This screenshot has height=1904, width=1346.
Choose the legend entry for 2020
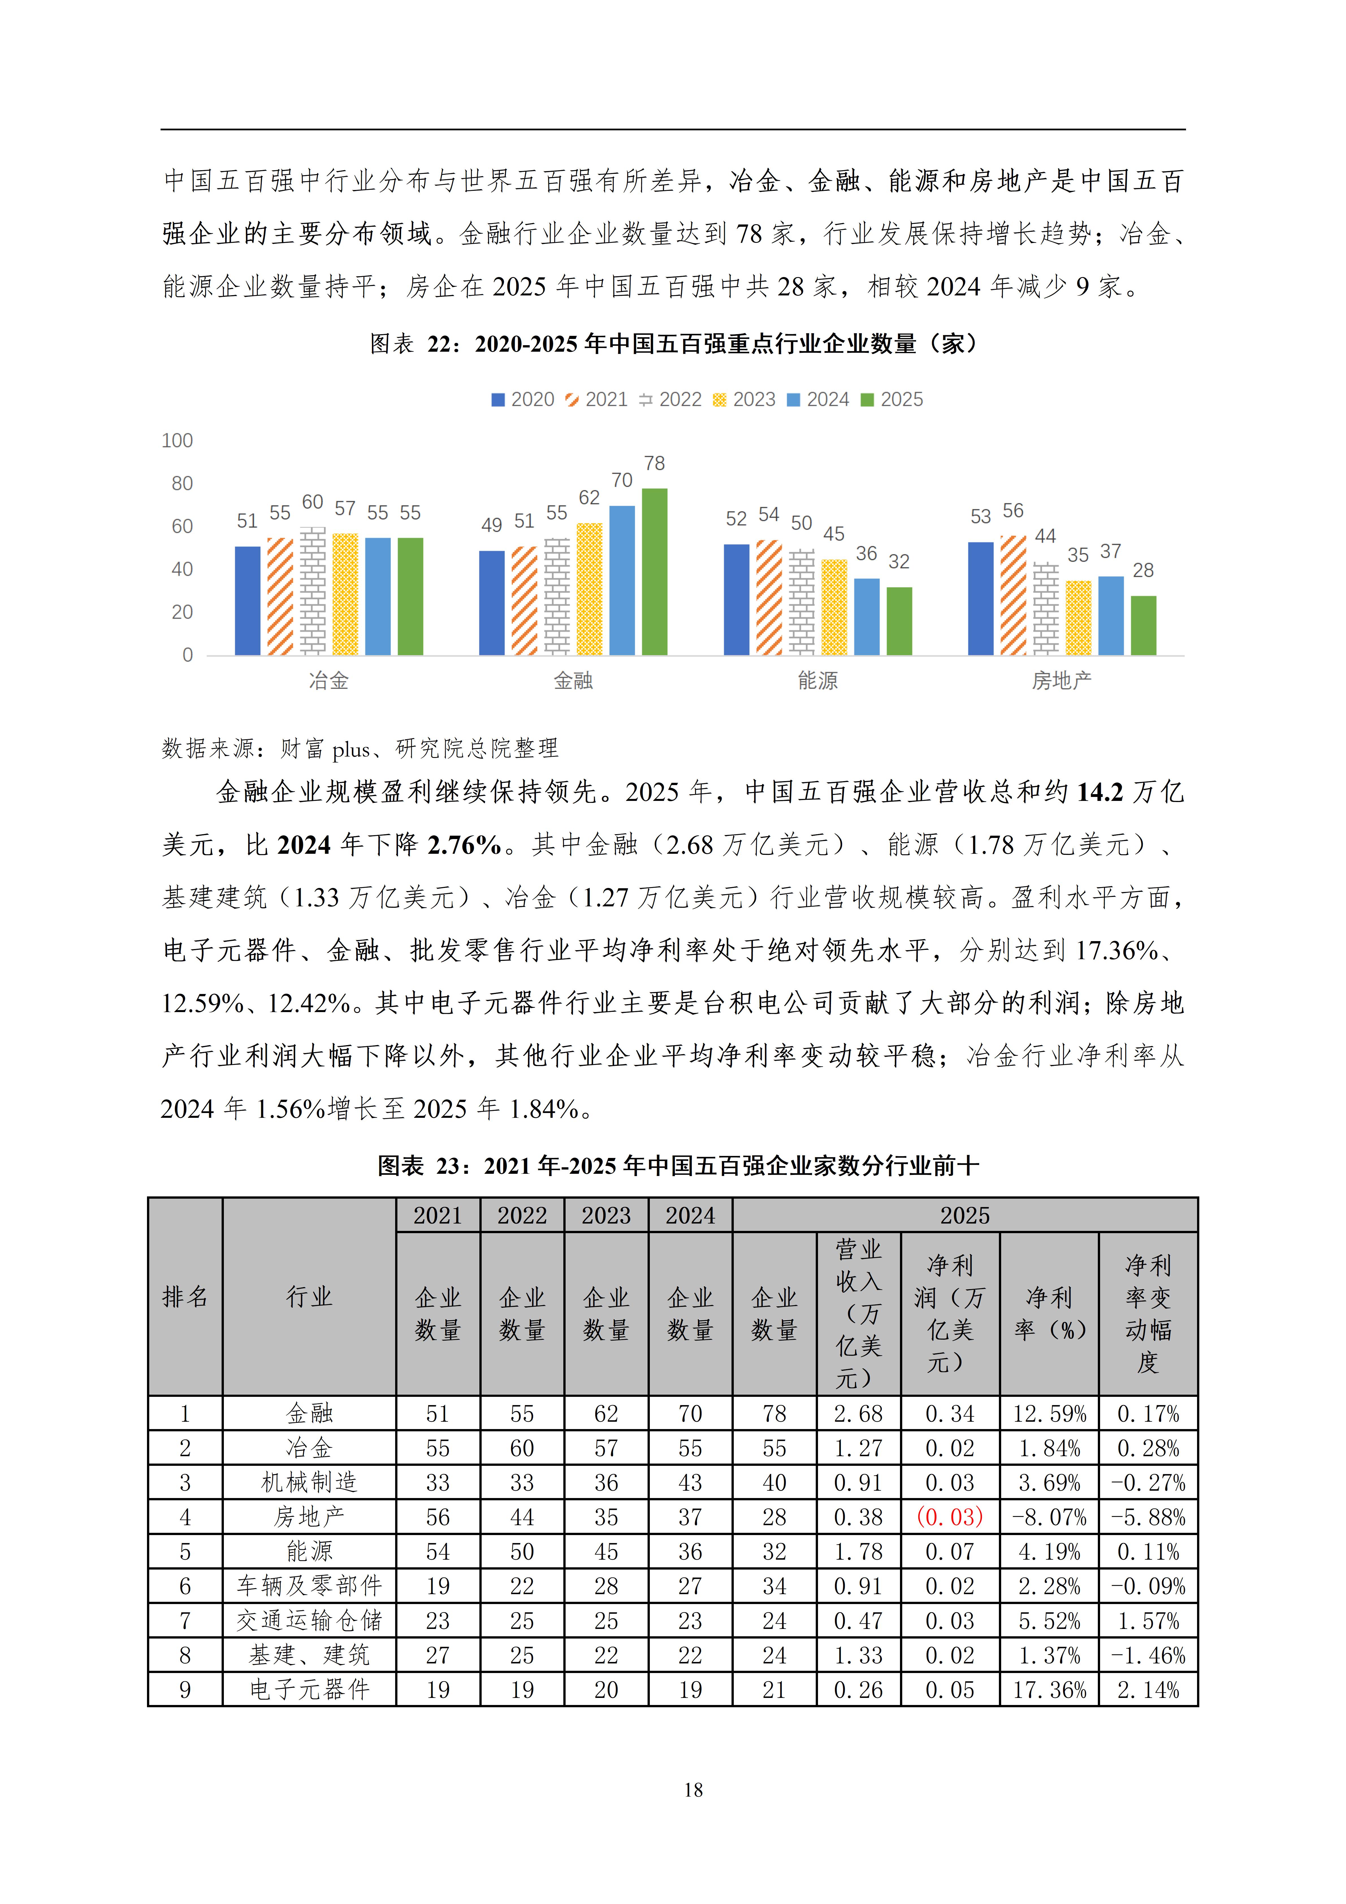coord(522,400)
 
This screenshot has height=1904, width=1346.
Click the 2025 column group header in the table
coord(964,1216)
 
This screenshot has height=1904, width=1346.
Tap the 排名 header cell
coord(185,1297)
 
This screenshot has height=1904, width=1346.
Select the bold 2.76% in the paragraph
coord(464,845)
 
